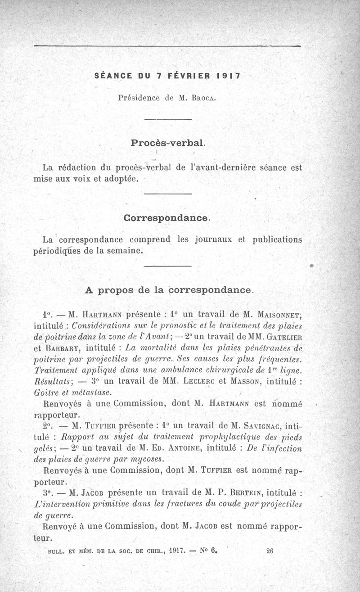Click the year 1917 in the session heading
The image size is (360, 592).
tap(229, 76)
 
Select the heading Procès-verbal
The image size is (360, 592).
tap(168, 143)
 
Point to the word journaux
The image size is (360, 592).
tap(213, 240)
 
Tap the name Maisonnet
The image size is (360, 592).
tap(277, 314)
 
